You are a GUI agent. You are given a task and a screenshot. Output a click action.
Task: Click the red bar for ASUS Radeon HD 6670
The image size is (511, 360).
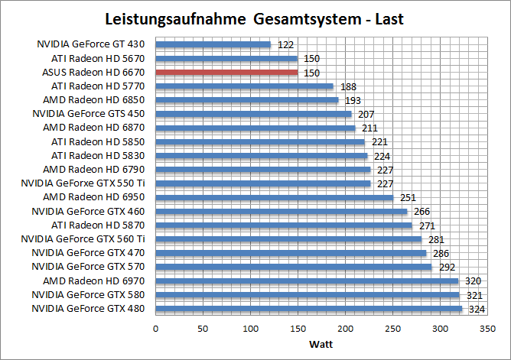226,72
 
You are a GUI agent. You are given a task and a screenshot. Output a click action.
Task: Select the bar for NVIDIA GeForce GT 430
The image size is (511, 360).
213,44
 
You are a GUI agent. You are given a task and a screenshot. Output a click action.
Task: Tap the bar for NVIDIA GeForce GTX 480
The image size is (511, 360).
308,309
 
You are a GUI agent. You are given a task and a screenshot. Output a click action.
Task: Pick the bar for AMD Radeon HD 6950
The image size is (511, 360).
274,197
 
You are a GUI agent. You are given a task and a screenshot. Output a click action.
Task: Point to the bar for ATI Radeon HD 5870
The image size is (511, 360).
283,225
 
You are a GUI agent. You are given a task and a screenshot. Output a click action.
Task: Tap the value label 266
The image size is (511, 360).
421,212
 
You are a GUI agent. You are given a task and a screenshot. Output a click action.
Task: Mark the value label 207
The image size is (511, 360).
365,114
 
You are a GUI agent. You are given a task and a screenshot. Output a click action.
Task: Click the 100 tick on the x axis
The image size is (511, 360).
250,328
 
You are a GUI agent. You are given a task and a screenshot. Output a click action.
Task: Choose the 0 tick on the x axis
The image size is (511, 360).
155,328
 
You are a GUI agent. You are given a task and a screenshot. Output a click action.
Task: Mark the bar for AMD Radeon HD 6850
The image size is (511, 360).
246,100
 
